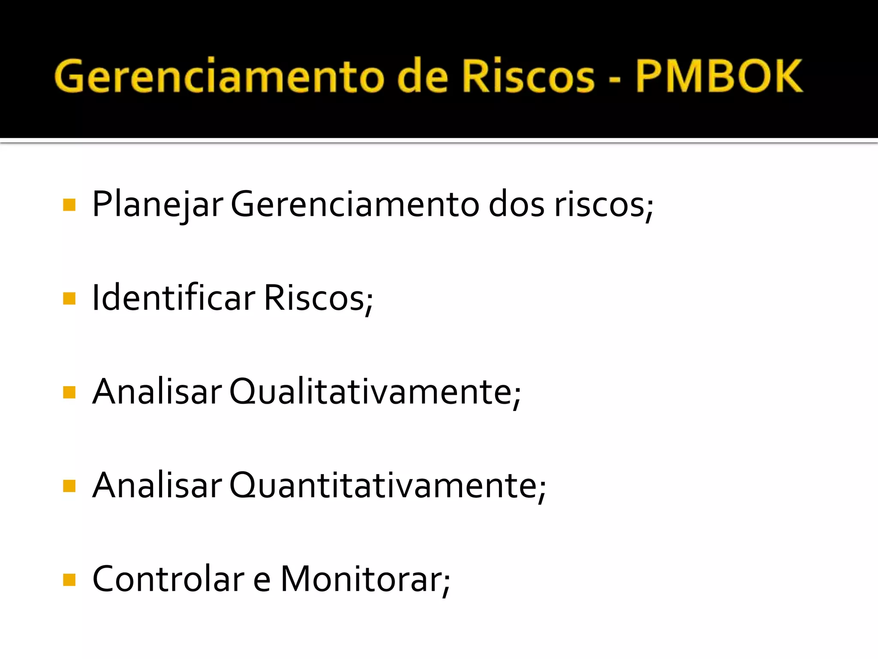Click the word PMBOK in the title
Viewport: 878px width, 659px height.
[719, 76]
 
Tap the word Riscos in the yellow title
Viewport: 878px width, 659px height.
[528, 76]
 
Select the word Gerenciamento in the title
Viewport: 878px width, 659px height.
[219, 76]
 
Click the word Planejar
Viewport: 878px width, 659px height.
[157, 205]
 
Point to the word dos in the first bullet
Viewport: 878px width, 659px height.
[516, 205]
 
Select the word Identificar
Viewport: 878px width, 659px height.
[174, 298]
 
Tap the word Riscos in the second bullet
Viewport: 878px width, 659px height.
[318, 298]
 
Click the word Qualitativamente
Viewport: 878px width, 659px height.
[375, 391]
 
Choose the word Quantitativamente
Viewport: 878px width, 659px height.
[388, 485]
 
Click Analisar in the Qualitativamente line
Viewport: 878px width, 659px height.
[157, 391]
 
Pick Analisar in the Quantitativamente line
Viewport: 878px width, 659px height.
[157, 485]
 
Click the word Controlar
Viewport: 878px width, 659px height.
[168, 579]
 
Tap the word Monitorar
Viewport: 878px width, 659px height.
[365, 579]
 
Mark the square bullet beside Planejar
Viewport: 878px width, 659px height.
[69, 205]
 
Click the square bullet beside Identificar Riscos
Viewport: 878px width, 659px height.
[69, 298]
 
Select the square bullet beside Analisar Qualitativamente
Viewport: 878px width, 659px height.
[69, 392]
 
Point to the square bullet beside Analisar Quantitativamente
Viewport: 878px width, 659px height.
[69, 486]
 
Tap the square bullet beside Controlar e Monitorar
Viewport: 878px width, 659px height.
[69, 580]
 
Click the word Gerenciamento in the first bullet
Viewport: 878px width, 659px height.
[355, 205]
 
